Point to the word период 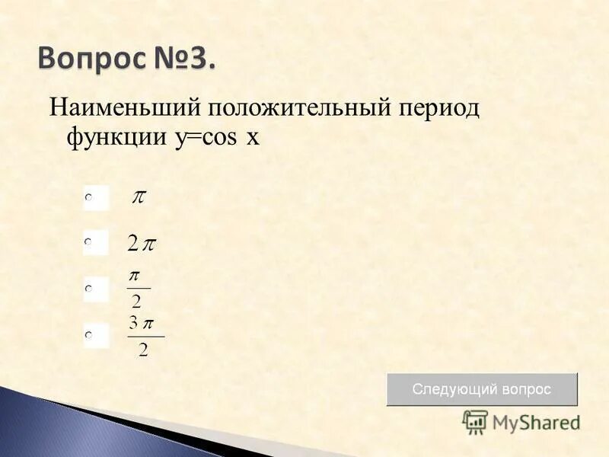click(438, 109)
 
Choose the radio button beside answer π click(89, 197)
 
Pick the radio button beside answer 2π click(89, 242)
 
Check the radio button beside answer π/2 click(89, 289)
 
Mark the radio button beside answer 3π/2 click(89, 334)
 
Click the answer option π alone click(139, 197)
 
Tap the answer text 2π click(142, 244)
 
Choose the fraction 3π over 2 click(145, 337)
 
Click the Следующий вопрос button click(482, 389)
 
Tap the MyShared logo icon click(476, 421)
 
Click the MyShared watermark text click(535, 422)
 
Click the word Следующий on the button click(454, 389)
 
